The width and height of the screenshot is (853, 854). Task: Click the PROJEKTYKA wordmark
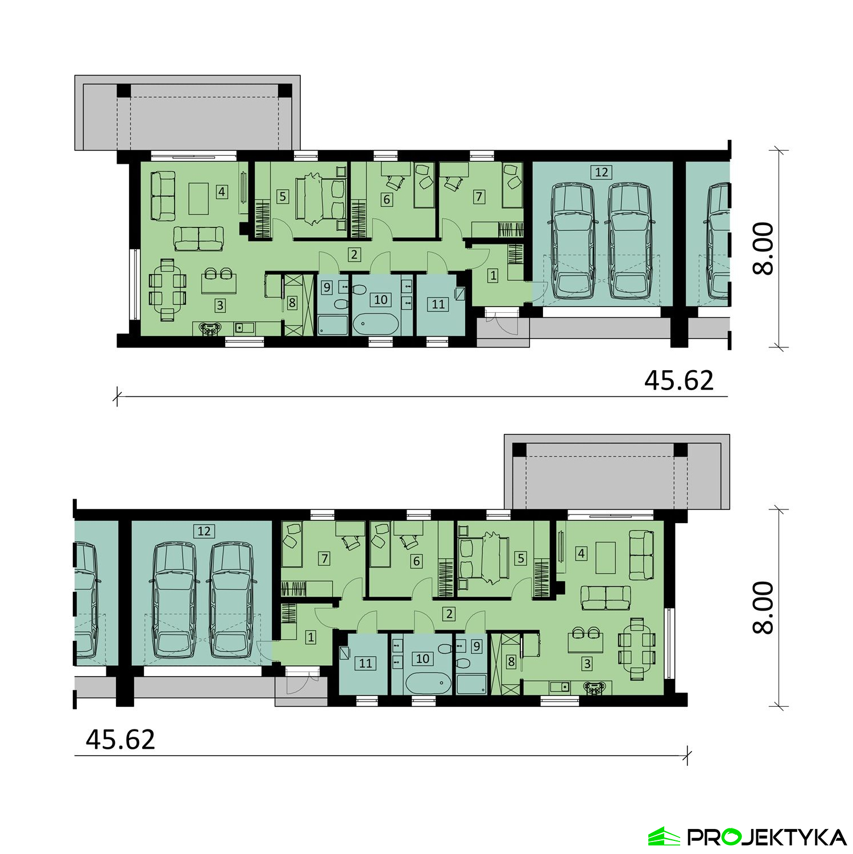click(x=767, y=837)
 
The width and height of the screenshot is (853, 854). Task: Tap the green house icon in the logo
click(x=664, y=836)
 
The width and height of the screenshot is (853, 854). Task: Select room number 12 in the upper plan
click(x=601, y=172)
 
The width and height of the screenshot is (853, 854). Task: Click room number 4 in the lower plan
click(x=581, y=553)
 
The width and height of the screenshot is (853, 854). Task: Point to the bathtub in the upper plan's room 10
click(x=376, y=324)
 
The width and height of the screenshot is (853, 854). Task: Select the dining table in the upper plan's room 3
click(x=167, y=289)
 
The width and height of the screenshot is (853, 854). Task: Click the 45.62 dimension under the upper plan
click(x=678, y=380)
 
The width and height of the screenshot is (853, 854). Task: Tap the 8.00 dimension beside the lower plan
click(x=763, y=607)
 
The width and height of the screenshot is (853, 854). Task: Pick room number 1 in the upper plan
click(x=493, y=275)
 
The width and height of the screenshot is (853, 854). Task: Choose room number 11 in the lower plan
click(x=366, y=663)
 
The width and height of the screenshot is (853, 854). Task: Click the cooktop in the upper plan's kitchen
click(x=210, y=329)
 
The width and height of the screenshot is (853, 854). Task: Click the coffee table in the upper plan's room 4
click(x=198, y=198)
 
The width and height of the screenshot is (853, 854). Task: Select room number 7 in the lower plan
click(x=325, y=558)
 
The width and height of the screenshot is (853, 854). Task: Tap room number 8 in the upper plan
click(x=292, y=302)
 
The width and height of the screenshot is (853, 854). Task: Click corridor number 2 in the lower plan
click(x=449, y=613)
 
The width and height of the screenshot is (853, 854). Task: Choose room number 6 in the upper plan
click(x=387, y=199)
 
